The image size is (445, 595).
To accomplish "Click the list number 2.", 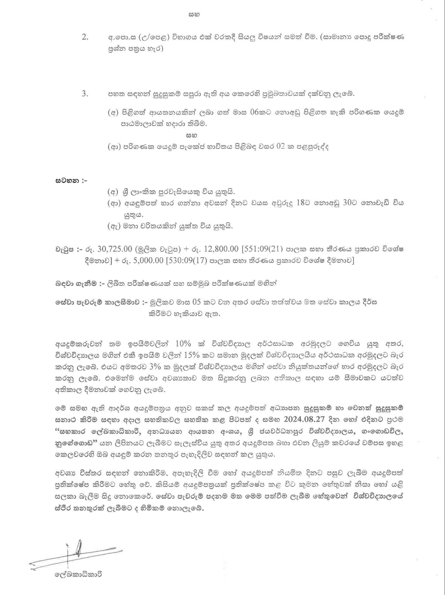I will point(85,38).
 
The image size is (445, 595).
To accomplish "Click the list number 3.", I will point(85,94).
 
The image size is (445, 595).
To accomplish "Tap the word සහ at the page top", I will point(194,14).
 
